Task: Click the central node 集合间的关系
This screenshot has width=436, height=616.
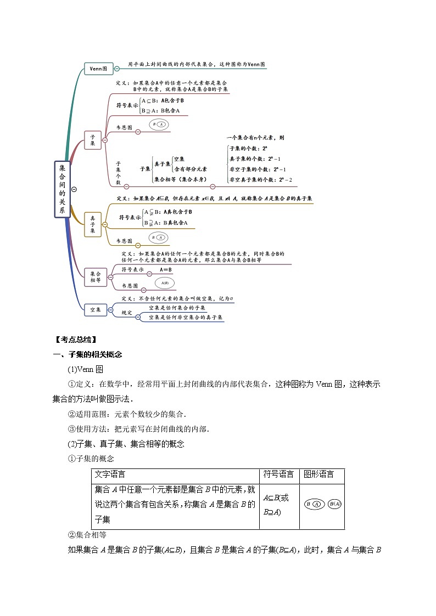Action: pyautogui.click(x=62, y=189)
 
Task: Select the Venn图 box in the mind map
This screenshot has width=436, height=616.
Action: pyautogui.click(x=99, y=69)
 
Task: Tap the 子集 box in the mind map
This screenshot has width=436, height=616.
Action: pyautogui.click(x=93, y=140)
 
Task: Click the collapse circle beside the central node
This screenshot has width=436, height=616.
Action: pyautogui.click(x=74, y=189)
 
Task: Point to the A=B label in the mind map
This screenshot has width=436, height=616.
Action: pyautogui.click(x=166, y=270)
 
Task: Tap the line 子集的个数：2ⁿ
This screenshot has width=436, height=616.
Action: pyautogui.click(x=248, y=149)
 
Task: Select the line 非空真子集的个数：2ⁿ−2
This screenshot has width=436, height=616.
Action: pyautogui.click(x=260, y=179)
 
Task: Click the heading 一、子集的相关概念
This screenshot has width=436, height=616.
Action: pyautogui.click(x=87, y=354)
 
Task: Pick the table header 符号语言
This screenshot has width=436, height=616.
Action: pyautogui.click(x=278, y=474)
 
